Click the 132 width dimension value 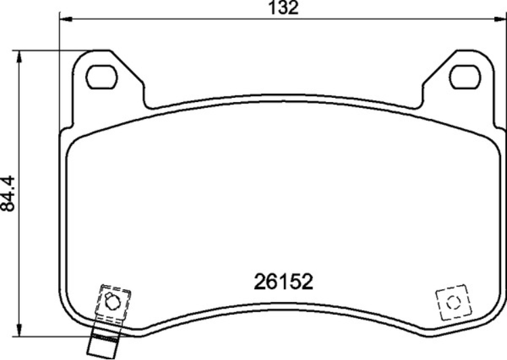point(284,8)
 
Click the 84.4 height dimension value point(9,192)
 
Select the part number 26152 point(284,282)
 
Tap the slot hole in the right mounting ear point(464,76)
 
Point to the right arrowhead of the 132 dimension point(502,19)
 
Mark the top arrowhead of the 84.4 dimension point(20,54)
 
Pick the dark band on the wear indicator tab point(104,336)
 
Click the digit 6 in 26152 point(272,282)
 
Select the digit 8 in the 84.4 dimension point(9,206)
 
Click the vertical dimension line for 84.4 point(20,135)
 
